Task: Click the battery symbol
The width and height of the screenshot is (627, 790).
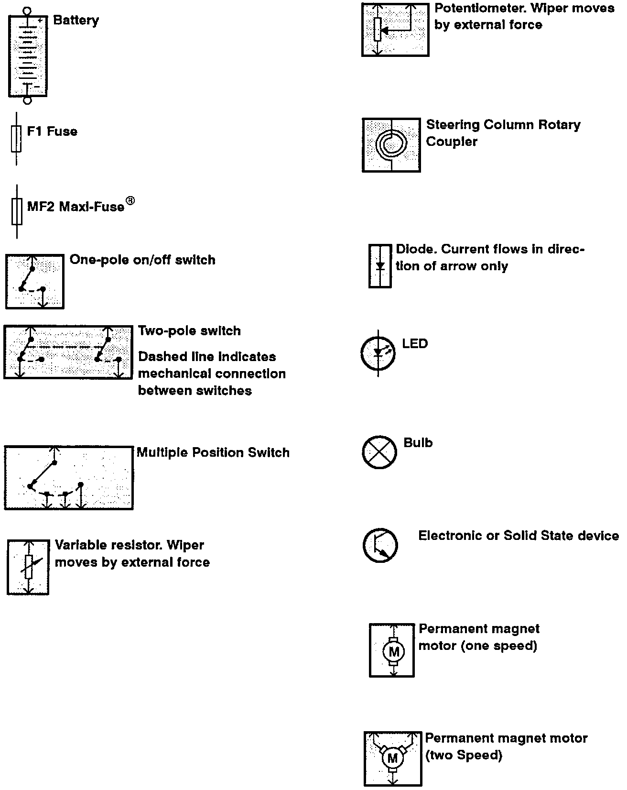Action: coord(28,55)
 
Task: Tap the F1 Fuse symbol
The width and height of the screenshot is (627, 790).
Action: coord(16,139)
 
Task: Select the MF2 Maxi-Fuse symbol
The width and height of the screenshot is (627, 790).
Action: coord(17,211)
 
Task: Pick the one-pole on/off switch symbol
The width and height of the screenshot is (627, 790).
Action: coord(34,282)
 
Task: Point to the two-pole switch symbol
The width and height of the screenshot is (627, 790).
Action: coord(68,352)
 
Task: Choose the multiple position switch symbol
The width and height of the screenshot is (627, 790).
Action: coord(69,478)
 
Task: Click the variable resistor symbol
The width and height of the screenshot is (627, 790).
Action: coord(28,567)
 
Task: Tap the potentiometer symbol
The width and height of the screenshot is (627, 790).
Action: coord(395,30)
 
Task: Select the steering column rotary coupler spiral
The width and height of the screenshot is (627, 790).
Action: coord(391,143)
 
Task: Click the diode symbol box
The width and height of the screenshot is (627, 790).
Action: coord(380,266)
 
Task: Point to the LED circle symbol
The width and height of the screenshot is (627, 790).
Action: coord(378,353)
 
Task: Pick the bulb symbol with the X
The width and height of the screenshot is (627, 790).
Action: coord(379,452)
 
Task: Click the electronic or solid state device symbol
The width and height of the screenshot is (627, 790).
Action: coord(380,545)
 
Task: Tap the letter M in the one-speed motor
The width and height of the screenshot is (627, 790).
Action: coord(394,651)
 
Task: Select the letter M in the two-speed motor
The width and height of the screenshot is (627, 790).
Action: coord(392,758)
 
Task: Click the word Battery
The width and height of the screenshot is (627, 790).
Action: coord(76,21)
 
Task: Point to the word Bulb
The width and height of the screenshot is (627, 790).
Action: coord(418,443)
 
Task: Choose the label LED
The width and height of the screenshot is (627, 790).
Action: coord(415,344)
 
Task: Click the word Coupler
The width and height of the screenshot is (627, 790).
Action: coord(452,142)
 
